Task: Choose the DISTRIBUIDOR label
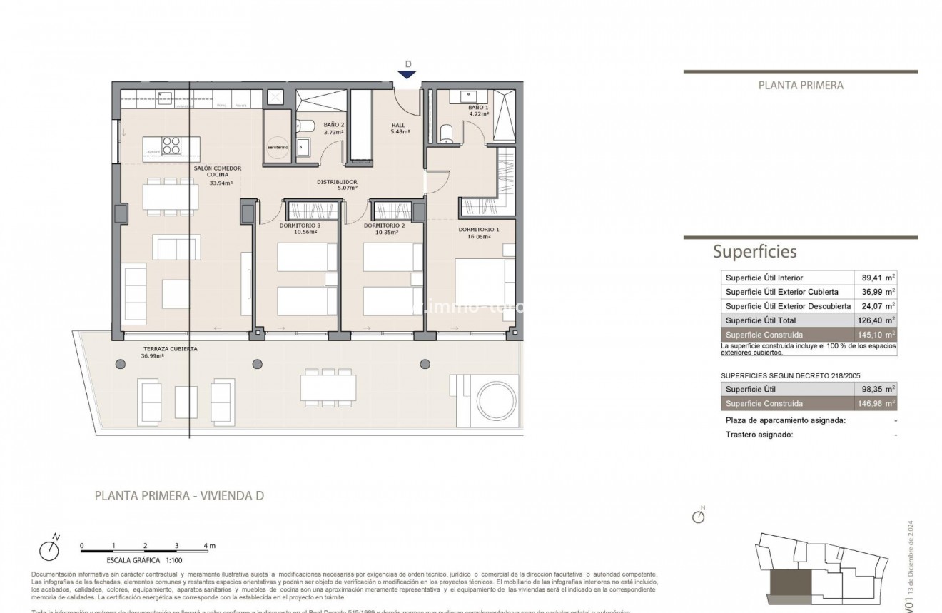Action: click(337, 182)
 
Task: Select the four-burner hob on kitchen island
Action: click(171, 146)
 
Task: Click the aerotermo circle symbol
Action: click(278, 146)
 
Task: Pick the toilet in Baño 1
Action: click(447, 133)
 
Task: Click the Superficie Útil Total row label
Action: click(761, 320)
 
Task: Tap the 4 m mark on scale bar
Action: click(208, 546)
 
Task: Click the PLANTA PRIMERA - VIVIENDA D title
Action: click(179, 495)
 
